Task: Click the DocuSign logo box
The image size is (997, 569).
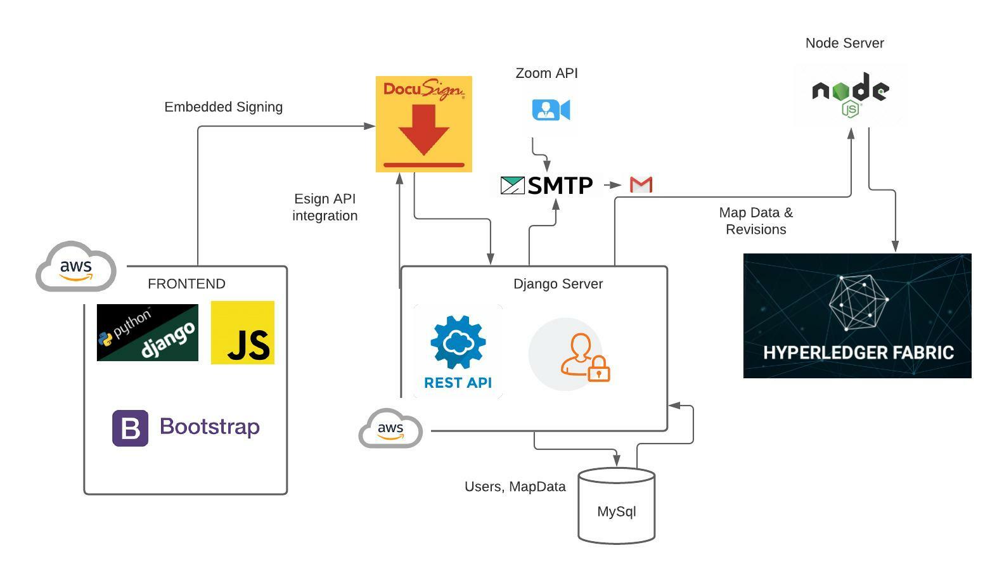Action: [x=423, y=124]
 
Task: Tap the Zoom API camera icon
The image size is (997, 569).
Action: [x=551, y=110]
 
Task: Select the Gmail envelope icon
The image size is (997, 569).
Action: [x=641, y=184]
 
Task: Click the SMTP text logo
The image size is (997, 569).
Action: [x=547, y=185]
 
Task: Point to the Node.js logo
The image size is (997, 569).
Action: [x=850, y=94]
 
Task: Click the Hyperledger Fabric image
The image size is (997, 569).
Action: [x=857, y=316]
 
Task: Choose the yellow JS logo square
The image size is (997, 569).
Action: [x=243, y=333]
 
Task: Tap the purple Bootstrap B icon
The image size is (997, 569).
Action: [x=130, y=428]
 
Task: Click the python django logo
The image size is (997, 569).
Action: [x=147, y=333]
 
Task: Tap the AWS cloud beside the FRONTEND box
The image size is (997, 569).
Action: [x=76, y=266]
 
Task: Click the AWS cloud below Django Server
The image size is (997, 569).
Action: [x=390, y=428]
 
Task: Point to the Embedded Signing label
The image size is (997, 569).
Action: [x=223, y=107]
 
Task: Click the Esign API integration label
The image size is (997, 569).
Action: [x=325, y=207]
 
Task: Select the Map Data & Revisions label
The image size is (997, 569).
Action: [x=756, y=221]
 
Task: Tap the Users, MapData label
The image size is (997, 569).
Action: [x=515, y=487]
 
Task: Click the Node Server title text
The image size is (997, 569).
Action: [x=844, y=43]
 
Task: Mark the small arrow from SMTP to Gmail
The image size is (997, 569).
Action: [x=612, y=185]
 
